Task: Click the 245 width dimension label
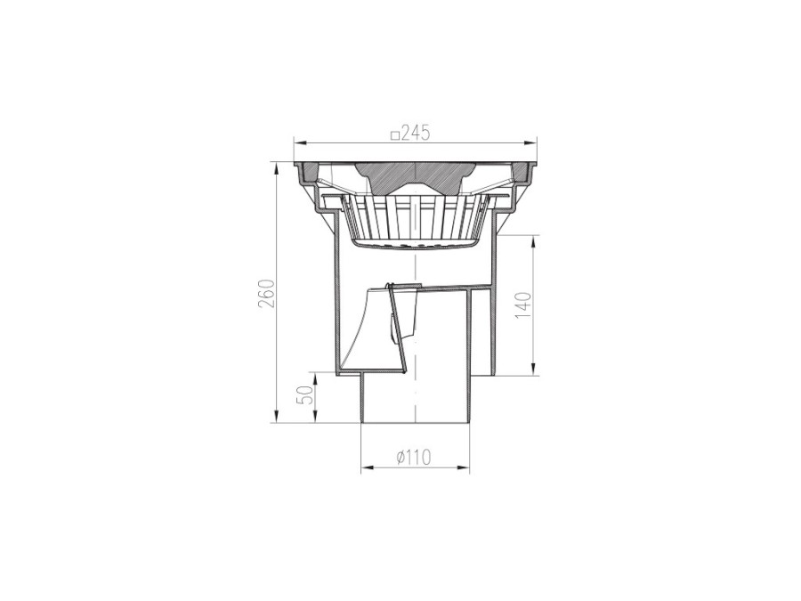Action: (416, 133)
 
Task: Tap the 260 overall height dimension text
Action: (268, 293)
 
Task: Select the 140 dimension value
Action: (523, 305)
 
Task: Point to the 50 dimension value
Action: (305, 394)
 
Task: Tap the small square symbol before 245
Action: (394, 135)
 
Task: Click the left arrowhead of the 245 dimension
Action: (299, 142)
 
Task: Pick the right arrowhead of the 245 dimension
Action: (530, 142)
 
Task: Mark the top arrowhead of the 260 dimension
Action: (278, 169)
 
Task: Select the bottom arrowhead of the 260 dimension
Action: (278, 417)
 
